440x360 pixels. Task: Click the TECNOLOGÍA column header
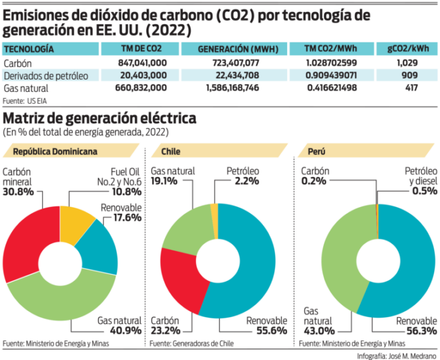pyautogui.click(x=29, y=49)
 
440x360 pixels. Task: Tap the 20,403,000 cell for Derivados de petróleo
pyautogui.click(x=142, y=75)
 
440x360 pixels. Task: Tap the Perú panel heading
pyautogui.click(x=312, y=151)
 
